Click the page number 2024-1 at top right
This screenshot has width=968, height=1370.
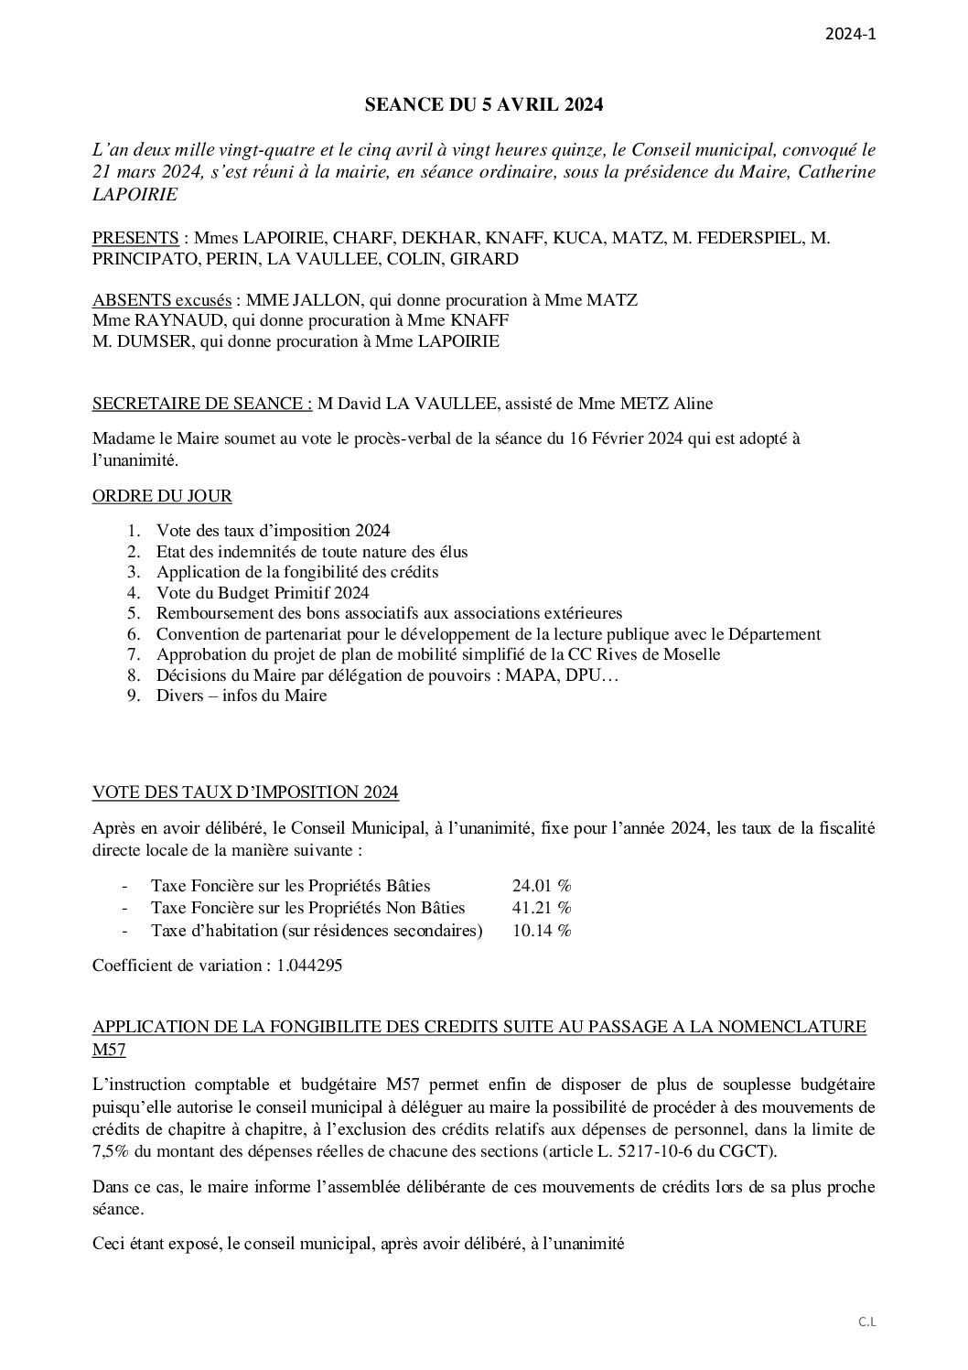(851, 36)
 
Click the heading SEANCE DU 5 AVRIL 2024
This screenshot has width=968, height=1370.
(484, 105)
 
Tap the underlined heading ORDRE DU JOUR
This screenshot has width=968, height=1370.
(162, 496)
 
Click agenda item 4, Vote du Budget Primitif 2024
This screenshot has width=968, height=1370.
(250, 592)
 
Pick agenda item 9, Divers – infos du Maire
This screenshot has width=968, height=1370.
(242, 696)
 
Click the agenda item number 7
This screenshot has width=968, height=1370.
(134, 654)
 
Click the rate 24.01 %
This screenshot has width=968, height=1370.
(542, 886)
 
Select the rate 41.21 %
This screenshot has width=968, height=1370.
(542, 908)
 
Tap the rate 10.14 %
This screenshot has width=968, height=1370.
(542, 930)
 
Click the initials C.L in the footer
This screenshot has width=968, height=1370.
(866, 1321)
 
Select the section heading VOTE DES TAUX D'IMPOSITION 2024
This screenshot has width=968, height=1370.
(245, 792)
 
